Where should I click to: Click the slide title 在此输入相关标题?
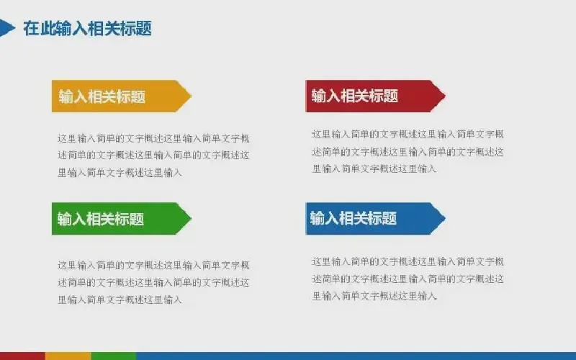click(x=87, y=28)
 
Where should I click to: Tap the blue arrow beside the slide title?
click(x=6, y=28)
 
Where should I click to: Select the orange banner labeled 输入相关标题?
click(x=121, y=96)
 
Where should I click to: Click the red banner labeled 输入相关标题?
click(x=375, y=96)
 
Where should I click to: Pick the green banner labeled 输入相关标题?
click(x=121, y=219)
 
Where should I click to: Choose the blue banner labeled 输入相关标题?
click(x=375, y=219)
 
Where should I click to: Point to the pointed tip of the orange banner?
click(x=191, y=96)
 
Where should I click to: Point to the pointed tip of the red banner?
click(x=445, y=96)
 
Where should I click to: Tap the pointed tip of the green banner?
click(x=191, y=219)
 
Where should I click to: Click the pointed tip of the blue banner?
click(x=445, y=219)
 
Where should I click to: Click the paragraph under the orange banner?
click(x=153, y=156)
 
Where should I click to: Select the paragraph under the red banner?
click(x=408, y=151)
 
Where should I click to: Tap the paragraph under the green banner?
click(x=153, y=282)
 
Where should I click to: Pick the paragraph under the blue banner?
click(x=408, y=279)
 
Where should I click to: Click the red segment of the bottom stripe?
click(x=22, y=356)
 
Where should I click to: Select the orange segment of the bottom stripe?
click(x=68, y=356)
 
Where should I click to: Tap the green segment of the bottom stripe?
click(x=114, y=356)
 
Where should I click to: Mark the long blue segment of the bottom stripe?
click(x=356, y=356)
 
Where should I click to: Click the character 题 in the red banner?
click(x=391, y=96)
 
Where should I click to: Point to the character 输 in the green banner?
click(x=65, y=219)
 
